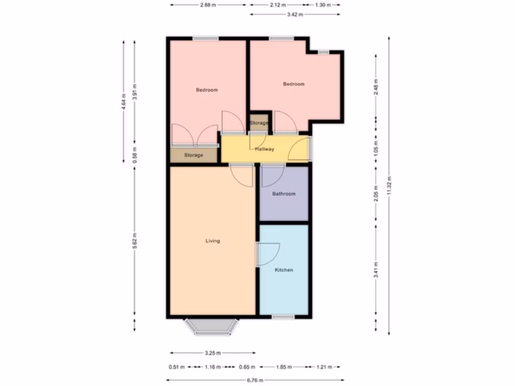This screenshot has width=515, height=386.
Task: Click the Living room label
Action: click(213, 241)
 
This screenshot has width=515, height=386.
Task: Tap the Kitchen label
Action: click(284, 270)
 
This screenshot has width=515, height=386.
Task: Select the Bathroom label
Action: click(284, 194)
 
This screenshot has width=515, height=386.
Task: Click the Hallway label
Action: click(265, 149)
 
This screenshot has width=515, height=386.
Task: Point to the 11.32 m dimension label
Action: click(389, 185)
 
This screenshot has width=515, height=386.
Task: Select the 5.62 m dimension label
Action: click(134, 241)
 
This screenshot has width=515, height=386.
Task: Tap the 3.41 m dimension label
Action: click(376, 270)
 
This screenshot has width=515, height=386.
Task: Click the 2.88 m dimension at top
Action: click(208, 5)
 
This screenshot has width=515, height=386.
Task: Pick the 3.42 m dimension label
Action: click(295, 15)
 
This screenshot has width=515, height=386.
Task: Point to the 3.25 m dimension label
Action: click(213, 353)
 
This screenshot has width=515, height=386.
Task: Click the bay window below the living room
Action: click(211, 327)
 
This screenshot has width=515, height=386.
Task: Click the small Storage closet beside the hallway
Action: click(259, 123)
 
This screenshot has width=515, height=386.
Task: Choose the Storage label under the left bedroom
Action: click(193, 155)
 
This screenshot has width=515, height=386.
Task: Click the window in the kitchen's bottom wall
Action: click(283, 317)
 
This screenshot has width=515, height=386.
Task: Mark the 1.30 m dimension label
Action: click(322, 5)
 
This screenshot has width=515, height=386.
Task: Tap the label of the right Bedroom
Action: click(294, 84)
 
